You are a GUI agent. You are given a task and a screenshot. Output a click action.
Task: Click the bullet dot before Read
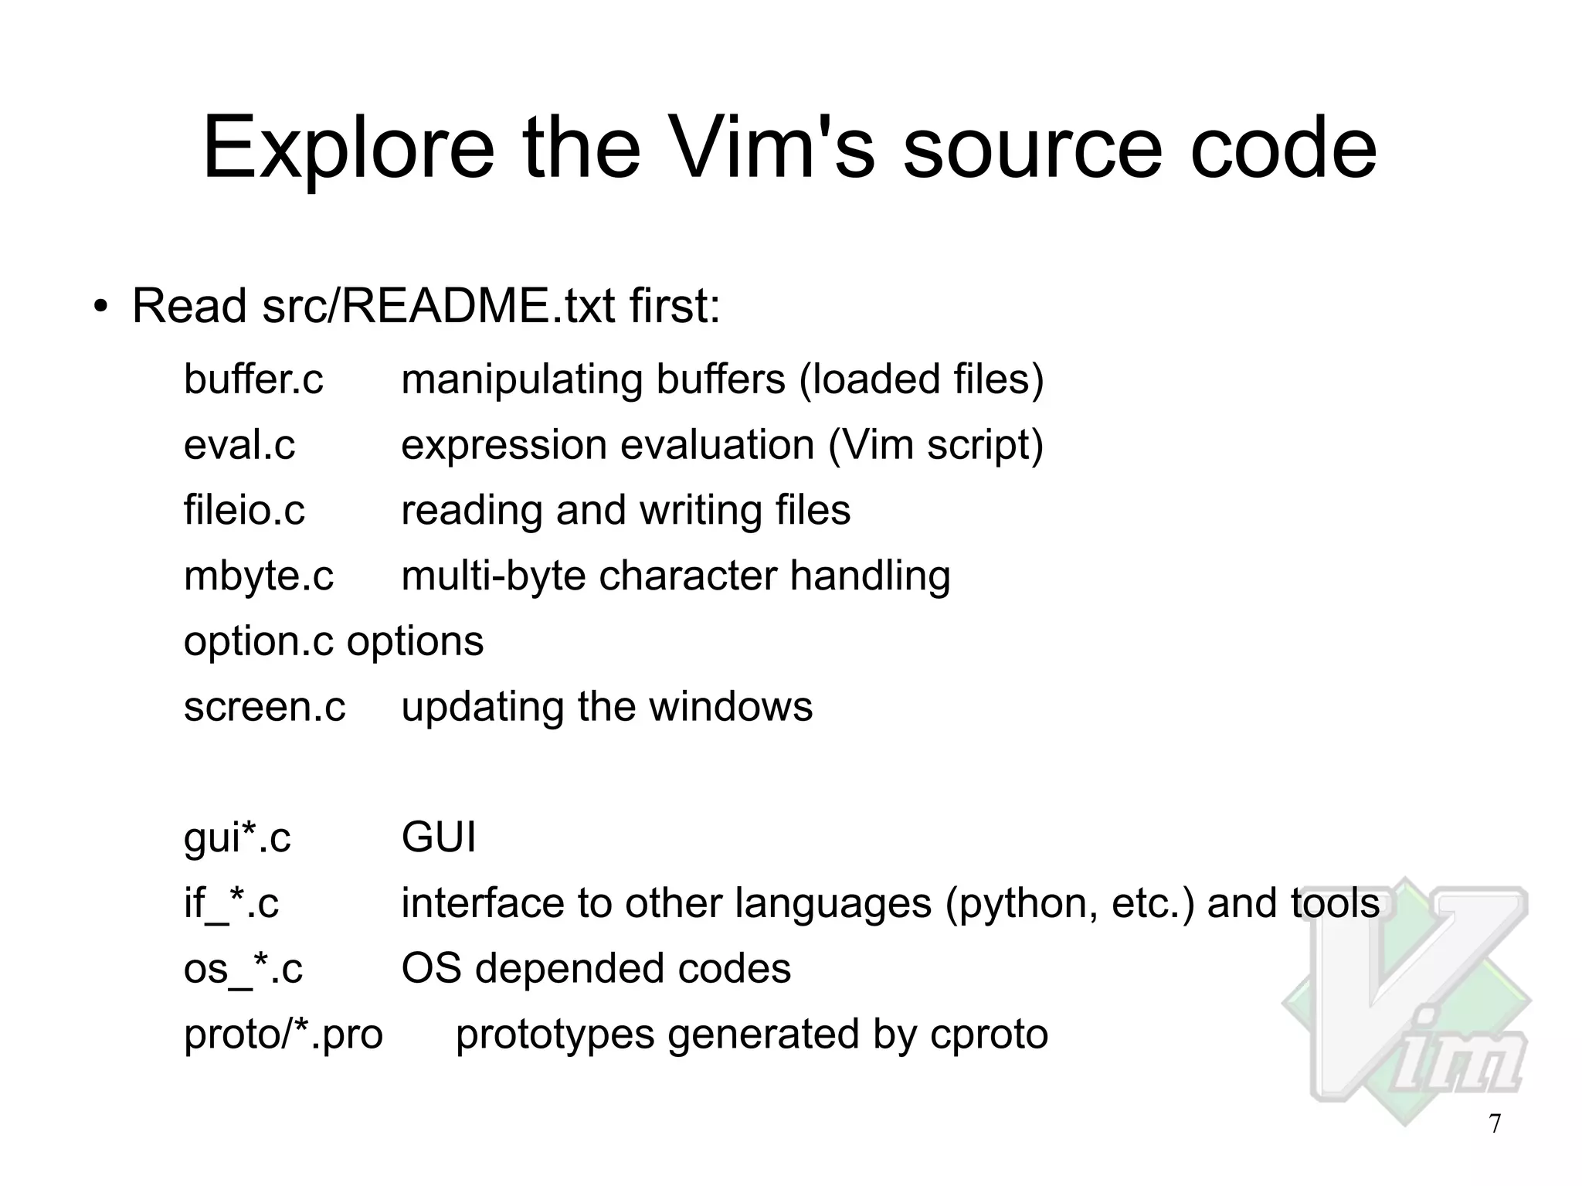point(100,307)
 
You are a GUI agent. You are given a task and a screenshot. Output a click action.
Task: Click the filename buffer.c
point(253,379)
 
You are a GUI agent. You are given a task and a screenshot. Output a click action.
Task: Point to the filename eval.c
point(239,445)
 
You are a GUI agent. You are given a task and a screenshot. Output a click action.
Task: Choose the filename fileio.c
point(244,511)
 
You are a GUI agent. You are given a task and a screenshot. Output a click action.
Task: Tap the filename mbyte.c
point(258,576)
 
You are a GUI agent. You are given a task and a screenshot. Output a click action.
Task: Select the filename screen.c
point(264,707)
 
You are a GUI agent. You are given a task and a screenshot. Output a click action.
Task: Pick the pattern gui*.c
point(237,838)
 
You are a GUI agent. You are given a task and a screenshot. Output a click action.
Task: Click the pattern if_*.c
point(231,903)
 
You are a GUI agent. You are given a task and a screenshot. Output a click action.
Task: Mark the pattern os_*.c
point(243,969)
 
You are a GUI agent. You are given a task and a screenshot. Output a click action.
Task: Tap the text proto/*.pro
point(283,1035)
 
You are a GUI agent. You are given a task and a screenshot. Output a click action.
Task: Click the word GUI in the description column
point(438,838)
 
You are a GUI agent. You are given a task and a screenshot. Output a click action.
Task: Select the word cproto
point(989,1035)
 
